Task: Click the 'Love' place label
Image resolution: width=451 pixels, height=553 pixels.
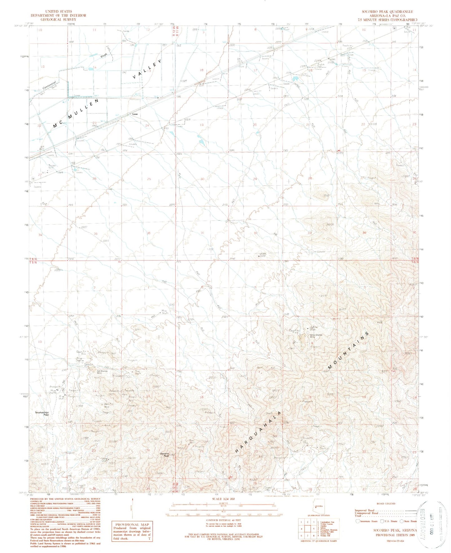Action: pyautogui.click(x=135, y=114)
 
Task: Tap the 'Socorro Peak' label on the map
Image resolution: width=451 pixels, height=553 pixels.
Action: pyautogui.click(x=164, y=454)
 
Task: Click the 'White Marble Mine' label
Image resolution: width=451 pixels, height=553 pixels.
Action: pyautogui.click(x=316, y=336)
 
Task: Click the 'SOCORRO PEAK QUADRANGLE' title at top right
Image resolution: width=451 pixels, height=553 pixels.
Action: pyautogui.click(x=387, y=12)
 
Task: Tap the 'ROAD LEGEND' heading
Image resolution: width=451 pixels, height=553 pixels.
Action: pyautogui.click(x=386, y=503)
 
